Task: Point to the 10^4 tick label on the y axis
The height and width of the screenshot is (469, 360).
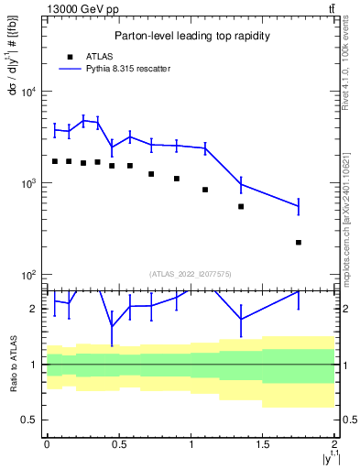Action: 27,92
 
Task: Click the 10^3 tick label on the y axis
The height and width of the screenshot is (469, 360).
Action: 27,183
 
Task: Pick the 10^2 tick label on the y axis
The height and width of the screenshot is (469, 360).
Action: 27,275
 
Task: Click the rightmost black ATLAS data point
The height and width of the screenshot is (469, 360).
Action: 299,242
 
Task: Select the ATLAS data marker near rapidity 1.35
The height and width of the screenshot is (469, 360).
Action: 241,206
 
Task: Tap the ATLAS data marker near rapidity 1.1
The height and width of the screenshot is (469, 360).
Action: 205,190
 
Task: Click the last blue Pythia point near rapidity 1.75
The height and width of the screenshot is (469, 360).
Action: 299,206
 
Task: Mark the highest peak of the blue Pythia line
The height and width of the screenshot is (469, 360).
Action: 83,119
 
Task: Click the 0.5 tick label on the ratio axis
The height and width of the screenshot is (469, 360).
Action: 29,420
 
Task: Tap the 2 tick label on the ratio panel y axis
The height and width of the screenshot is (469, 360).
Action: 34,309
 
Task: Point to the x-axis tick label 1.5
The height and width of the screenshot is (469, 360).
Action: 263,443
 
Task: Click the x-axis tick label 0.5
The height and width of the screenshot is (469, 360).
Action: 118,443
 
